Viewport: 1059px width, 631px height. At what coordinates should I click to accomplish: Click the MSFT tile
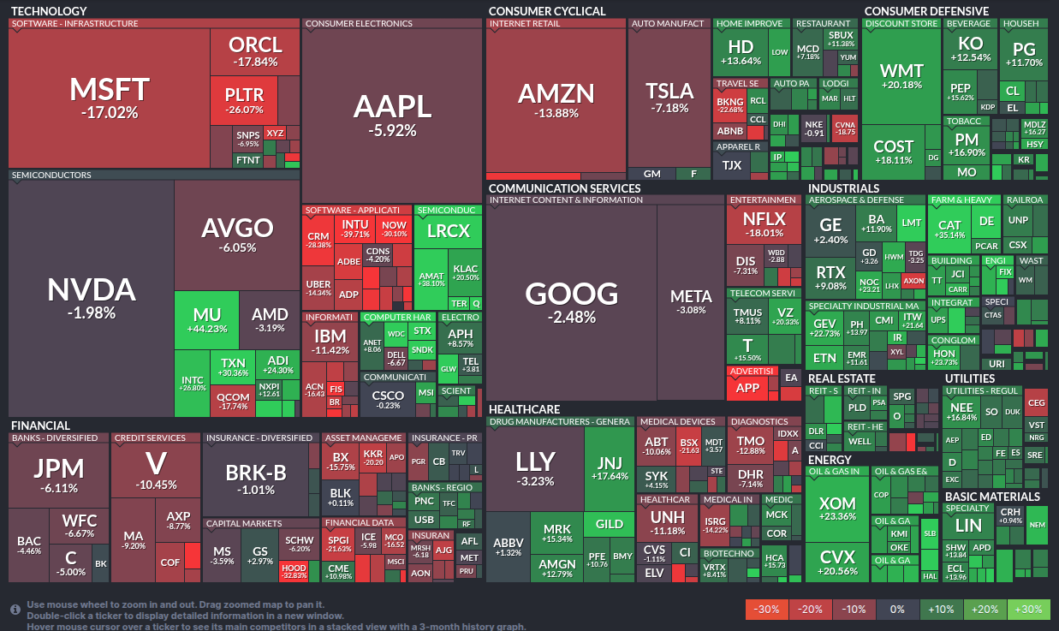tap(109, 97)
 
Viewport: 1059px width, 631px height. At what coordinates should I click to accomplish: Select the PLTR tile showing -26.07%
tap(244, 99)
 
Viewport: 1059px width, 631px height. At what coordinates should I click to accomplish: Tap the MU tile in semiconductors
tap(206, 320)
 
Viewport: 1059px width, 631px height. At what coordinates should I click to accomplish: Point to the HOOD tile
tap(294, 571)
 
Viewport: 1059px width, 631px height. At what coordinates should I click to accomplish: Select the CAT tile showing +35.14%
tap(949, 229)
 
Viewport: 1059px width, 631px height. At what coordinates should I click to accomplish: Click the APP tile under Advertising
tap(747, 387)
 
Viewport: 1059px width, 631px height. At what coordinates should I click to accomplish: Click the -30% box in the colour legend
tap(767, 609)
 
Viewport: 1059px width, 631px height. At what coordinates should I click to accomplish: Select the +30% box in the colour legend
tap(1029, 609)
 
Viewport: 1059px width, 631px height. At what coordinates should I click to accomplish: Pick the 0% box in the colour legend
tap(898, 609)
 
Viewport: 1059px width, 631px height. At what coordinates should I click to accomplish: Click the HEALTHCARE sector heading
tap(524, 409)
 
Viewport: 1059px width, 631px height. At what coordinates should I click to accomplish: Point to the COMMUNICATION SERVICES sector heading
tap(564, 188)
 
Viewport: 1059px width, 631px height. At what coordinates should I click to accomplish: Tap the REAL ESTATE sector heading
tap(842, 378)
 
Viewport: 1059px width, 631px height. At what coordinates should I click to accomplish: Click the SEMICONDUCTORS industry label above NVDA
tap(51, 176)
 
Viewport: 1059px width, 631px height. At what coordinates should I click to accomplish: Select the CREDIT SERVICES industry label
tap(150, 438)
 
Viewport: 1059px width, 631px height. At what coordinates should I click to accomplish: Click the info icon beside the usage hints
tap(15, 610)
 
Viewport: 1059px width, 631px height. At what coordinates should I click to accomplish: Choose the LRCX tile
tap(448, 230)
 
